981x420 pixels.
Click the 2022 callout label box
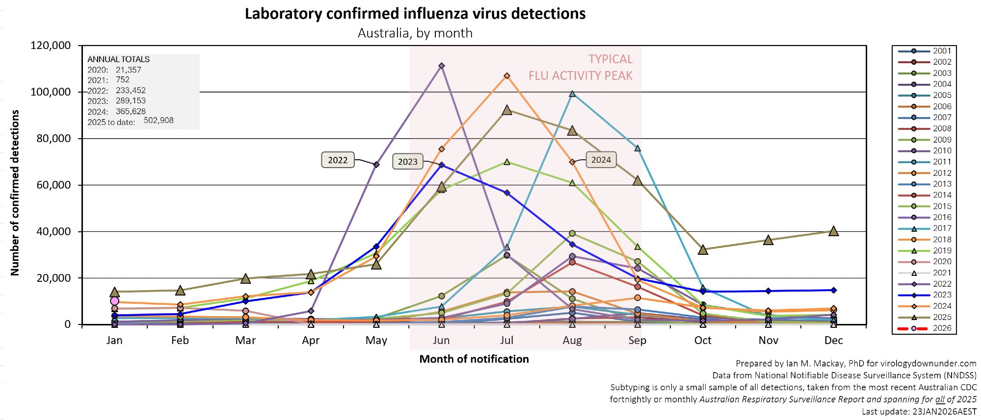pos(338,160)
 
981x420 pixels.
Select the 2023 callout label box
pos(407,162)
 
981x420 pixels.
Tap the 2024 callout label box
pos(601,160)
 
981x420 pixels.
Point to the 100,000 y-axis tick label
pos(51,92)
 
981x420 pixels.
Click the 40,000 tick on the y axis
pos(53,231)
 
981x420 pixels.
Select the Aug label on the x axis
pos(572,341)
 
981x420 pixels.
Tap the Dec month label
pos(833,341)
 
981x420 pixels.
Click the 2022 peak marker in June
pos(442,66)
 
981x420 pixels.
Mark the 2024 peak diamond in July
pos(507,76)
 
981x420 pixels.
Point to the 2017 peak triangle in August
pos(572,94)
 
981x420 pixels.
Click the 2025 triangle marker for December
pos(833,231)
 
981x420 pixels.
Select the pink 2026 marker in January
pos(115,301)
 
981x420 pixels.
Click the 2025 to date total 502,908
pos(159,121)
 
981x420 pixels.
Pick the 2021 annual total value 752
pos(123,80)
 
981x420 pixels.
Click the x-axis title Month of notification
pos(474,359)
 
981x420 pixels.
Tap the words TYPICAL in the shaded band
pos(610,59)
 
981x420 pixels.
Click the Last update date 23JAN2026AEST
pos(944,412)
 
